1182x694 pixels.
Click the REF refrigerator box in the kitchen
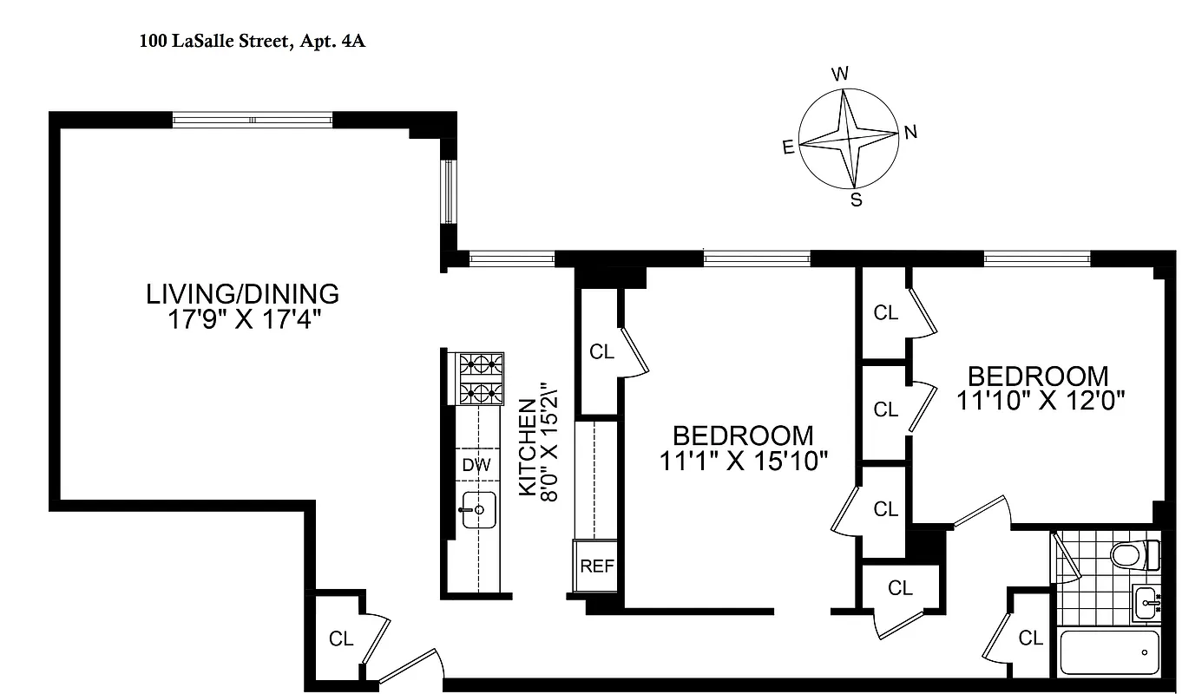point(596,566)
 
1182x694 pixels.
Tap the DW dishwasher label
point(476,465)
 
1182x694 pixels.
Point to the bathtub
point(1110,652)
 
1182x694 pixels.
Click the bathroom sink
point(1146,601)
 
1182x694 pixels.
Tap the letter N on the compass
point(910,133)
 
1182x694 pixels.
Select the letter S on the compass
point(856,201)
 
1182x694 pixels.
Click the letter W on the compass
point(840,75)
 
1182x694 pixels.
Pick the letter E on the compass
point(788,147)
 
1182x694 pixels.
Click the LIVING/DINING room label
point(242,294)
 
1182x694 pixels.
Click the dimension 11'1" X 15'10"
point(744,461)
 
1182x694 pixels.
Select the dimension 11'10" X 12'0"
point(1041,401)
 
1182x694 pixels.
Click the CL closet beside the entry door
point(341,639)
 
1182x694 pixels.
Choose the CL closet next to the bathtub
point(1030,638)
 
